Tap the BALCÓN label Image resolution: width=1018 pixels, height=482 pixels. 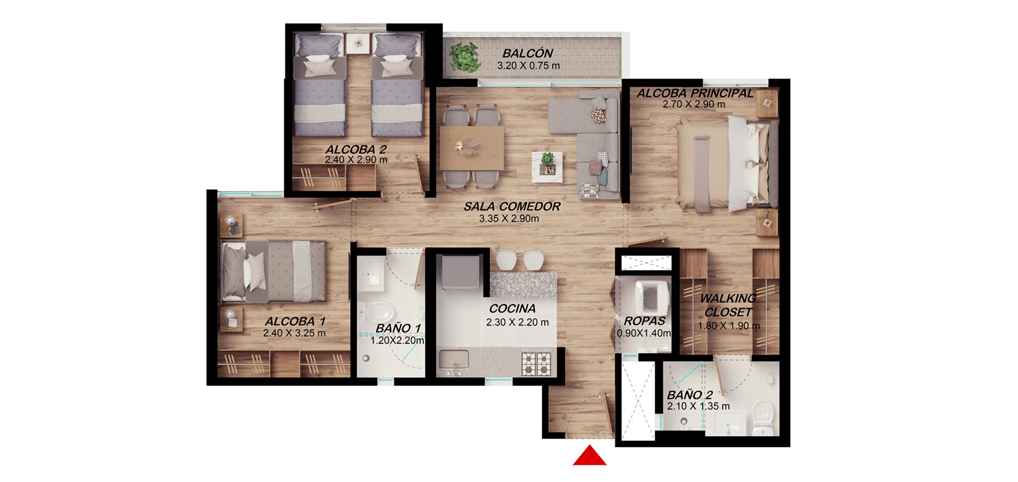tap(528, 54)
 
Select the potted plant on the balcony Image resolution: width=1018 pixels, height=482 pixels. tap(465, 57)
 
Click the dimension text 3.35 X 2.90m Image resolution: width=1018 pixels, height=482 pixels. tap(509, 219)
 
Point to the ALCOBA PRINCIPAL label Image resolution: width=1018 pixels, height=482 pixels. tap(695, 93)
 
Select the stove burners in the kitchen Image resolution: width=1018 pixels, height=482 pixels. tap(537, 363)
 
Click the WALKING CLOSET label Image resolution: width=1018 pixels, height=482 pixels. tap(728, 305)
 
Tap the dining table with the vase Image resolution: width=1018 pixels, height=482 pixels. tap(471, 147)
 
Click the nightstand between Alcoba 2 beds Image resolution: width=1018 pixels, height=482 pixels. tap(356, 43)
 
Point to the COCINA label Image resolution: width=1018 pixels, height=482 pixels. tap(512, 308)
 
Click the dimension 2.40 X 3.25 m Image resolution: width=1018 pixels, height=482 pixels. tap(294, 333)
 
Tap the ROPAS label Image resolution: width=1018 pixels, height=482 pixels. tap(645, 321)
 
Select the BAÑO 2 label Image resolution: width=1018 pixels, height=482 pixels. tap(690, 395)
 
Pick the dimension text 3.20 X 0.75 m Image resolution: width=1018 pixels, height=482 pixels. tap(528, 66)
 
